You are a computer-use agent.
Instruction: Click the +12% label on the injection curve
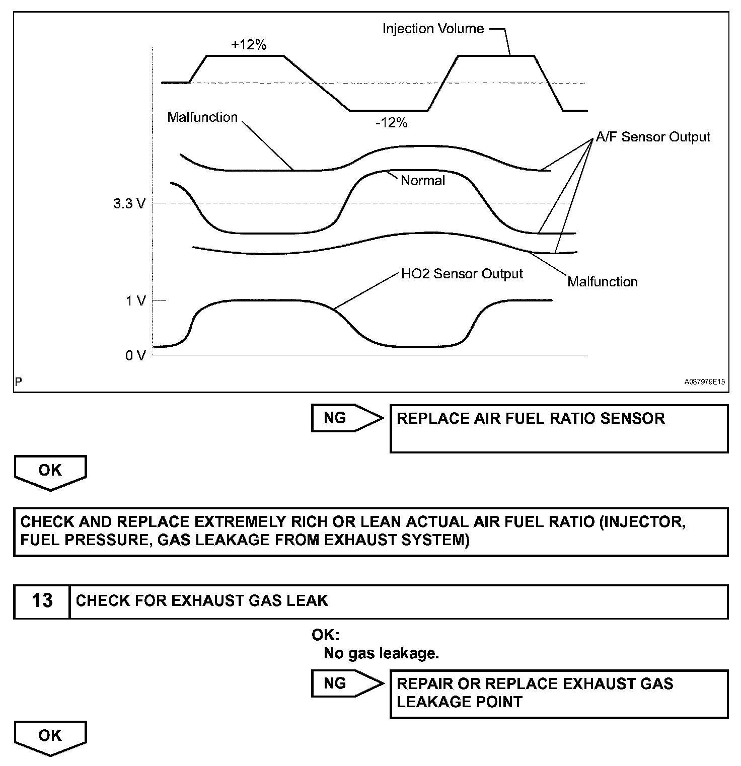249,45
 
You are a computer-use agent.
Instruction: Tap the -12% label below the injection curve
391,123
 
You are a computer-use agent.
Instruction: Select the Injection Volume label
433,29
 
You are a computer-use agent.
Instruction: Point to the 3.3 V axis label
129,204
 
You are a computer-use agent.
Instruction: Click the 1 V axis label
135,301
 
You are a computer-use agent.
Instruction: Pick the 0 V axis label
135,356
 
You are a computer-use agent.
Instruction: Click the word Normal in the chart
422,181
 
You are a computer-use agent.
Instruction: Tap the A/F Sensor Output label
653,137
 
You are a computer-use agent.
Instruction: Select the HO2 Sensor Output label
462,274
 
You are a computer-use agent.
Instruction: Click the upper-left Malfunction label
202,117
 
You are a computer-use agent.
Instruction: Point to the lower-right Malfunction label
602,282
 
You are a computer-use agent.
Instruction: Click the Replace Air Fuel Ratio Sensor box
559,428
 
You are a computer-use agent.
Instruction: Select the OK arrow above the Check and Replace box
50,471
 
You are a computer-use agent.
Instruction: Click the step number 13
42,601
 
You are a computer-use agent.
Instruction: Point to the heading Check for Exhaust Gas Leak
202,601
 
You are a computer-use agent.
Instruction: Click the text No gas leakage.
381,653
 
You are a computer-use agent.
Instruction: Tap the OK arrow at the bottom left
50,737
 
